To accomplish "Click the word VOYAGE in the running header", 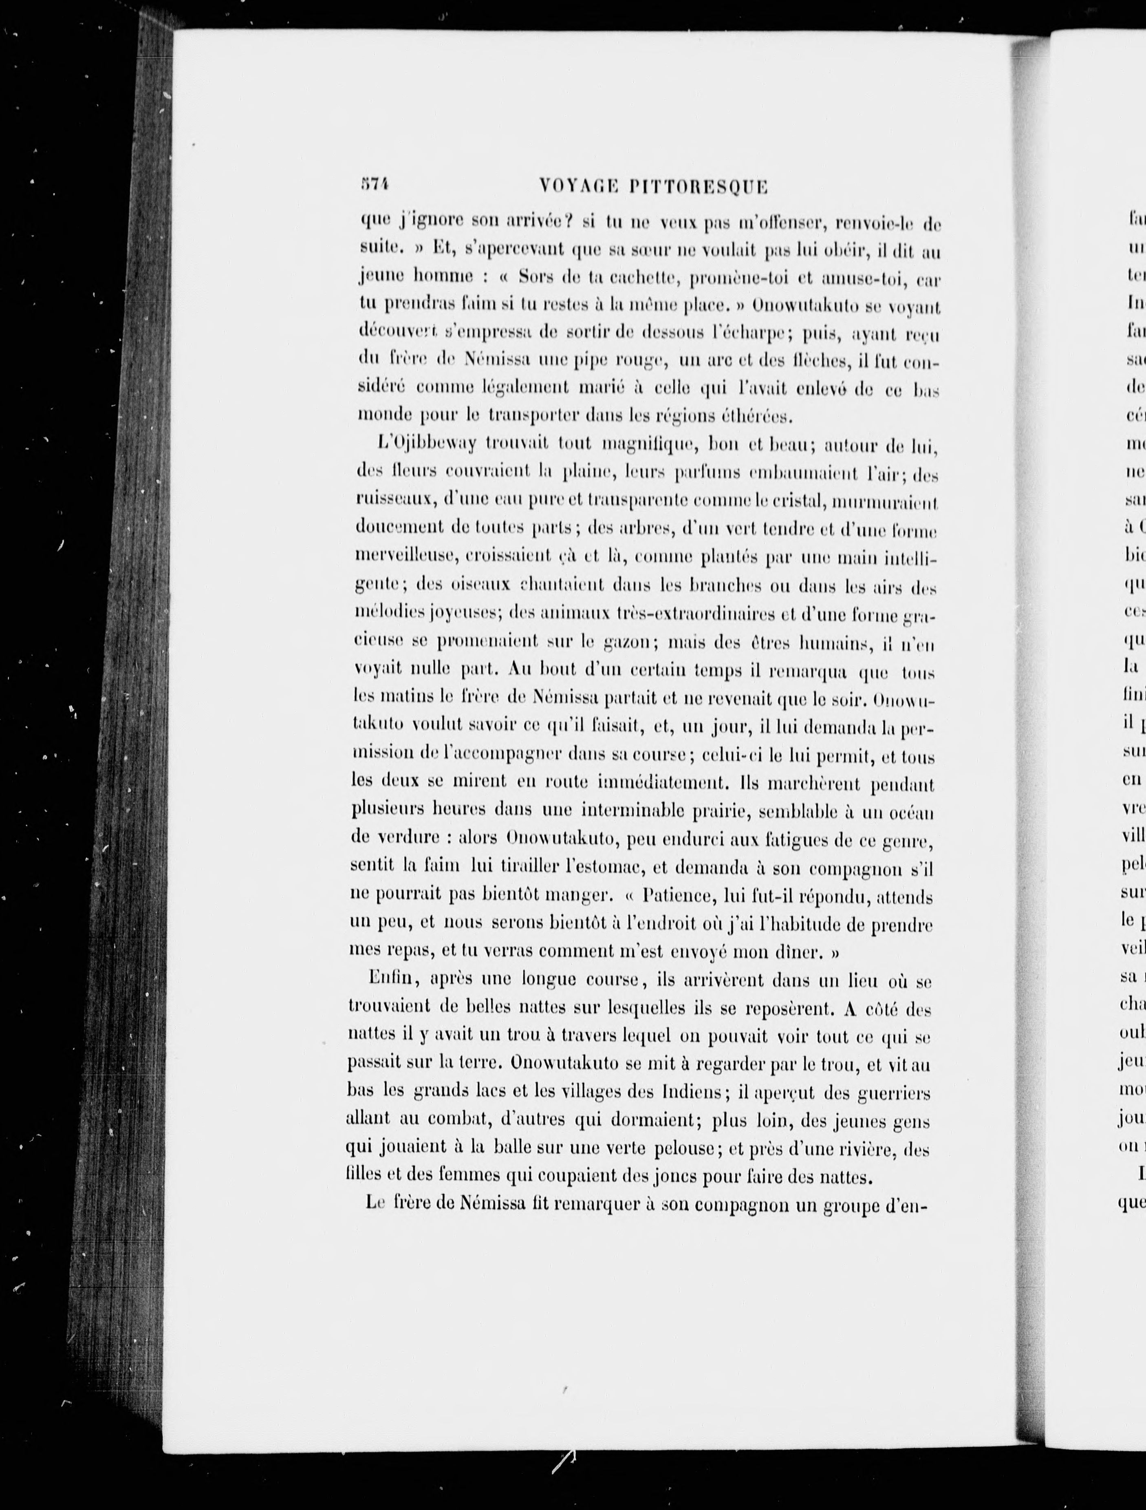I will click(x=578, y=185).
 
